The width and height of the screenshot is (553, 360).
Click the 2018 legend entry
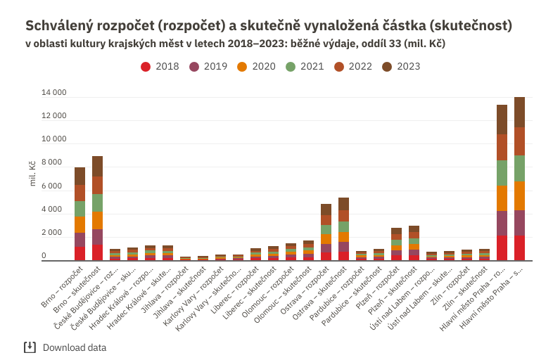(160, 67)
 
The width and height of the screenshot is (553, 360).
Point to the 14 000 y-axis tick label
(53, 93)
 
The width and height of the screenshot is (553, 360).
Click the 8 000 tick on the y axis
(56, 163)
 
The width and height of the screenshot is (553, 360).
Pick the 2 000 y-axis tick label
(56, 233)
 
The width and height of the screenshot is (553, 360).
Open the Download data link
(75, 347)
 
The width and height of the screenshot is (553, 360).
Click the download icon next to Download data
(30, 347)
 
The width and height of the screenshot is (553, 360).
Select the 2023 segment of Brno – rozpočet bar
(80, 176)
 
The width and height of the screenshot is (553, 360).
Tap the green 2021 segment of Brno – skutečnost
(97, 203)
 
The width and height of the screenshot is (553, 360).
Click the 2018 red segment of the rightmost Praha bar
(519, 248)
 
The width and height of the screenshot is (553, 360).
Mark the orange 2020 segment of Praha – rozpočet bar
(502, 198)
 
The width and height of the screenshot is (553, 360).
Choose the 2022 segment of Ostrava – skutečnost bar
(343, 216)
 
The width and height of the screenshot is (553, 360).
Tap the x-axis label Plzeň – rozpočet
(381, 283)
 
